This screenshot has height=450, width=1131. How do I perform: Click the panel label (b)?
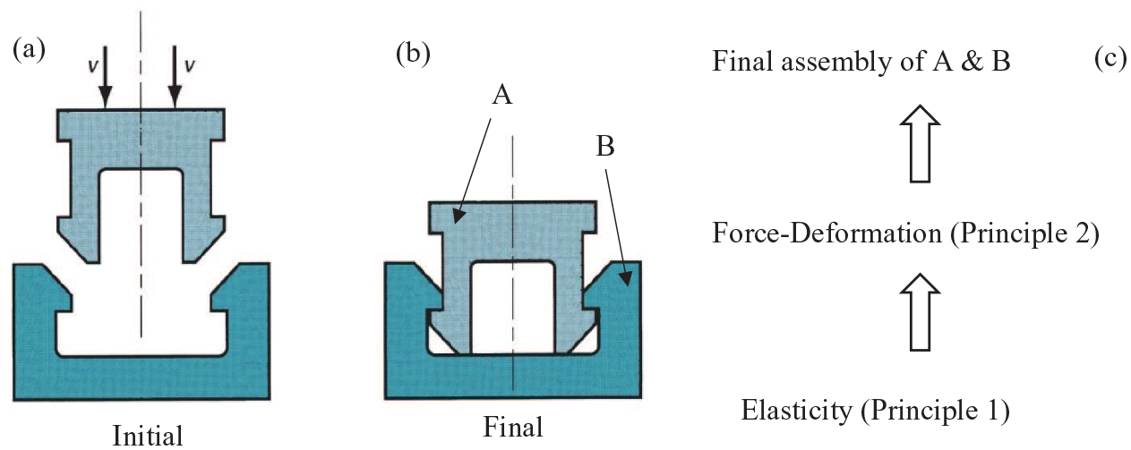[413, 55]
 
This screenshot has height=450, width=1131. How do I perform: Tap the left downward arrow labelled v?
[106, 77]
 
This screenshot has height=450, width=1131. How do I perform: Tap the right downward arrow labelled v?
[175, 77]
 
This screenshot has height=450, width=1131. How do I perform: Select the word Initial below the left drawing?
[148, 436]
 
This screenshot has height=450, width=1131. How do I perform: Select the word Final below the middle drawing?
[513, 426]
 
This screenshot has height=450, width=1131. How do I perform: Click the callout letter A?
[502, 96]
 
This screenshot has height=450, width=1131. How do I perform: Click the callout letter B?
[605, 149]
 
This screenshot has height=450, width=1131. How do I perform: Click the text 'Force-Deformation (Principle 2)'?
[905, 235]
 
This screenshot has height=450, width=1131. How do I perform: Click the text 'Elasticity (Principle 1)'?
[876, 411]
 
